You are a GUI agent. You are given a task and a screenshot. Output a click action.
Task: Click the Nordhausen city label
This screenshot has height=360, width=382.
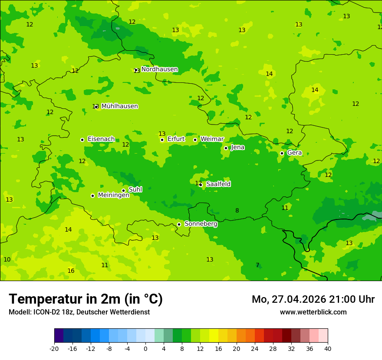pos(159,69)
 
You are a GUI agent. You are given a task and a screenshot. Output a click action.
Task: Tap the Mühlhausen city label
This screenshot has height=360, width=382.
pos(119,106)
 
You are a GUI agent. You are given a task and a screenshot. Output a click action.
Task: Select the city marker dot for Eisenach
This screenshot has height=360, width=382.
pos(82,140)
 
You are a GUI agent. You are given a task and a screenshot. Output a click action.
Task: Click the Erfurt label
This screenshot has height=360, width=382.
pos(176,139)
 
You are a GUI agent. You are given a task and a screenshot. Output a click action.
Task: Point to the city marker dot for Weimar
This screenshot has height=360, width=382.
pos(195,140)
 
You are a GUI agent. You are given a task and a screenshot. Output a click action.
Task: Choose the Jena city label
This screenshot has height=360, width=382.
pos(237,147)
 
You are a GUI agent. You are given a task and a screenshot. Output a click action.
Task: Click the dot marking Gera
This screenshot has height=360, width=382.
pos(282,153)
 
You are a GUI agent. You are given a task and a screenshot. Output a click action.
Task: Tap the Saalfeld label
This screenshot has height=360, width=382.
pos(218,184)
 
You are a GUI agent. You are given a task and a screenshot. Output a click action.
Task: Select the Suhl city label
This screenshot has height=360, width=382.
pos(135,190)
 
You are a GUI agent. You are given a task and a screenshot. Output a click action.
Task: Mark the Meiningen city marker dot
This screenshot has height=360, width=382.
pos(92,196)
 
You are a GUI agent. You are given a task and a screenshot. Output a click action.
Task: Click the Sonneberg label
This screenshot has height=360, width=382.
pos(201,224)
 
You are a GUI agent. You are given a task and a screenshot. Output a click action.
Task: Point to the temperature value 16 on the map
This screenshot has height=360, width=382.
pos(71,271)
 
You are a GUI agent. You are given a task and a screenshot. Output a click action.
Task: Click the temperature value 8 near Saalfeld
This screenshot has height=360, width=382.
pos(237,211)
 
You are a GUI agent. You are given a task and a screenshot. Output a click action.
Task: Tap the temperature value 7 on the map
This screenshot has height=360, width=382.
pos(257,265)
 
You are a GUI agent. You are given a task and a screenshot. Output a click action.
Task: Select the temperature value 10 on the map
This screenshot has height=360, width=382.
pos(7,260)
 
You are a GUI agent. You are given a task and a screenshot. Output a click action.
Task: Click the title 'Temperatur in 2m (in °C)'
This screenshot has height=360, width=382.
pos(86,299)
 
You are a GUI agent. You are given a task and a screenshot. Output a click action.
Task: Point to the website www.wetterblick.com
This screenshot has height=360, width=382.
pos(313,312)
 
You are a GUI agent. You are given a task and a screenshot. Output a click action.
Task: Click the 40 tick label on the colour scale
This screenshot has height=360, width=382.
pos(327,348)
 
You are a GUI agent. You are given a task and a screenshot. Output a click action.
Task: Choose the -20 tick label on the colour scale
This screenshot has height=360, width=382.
pos(54,348)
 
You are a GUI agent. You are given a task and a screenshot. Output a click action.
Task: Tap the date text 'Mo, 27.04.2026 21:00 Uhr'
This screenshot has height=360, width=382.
pos(313,299)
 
